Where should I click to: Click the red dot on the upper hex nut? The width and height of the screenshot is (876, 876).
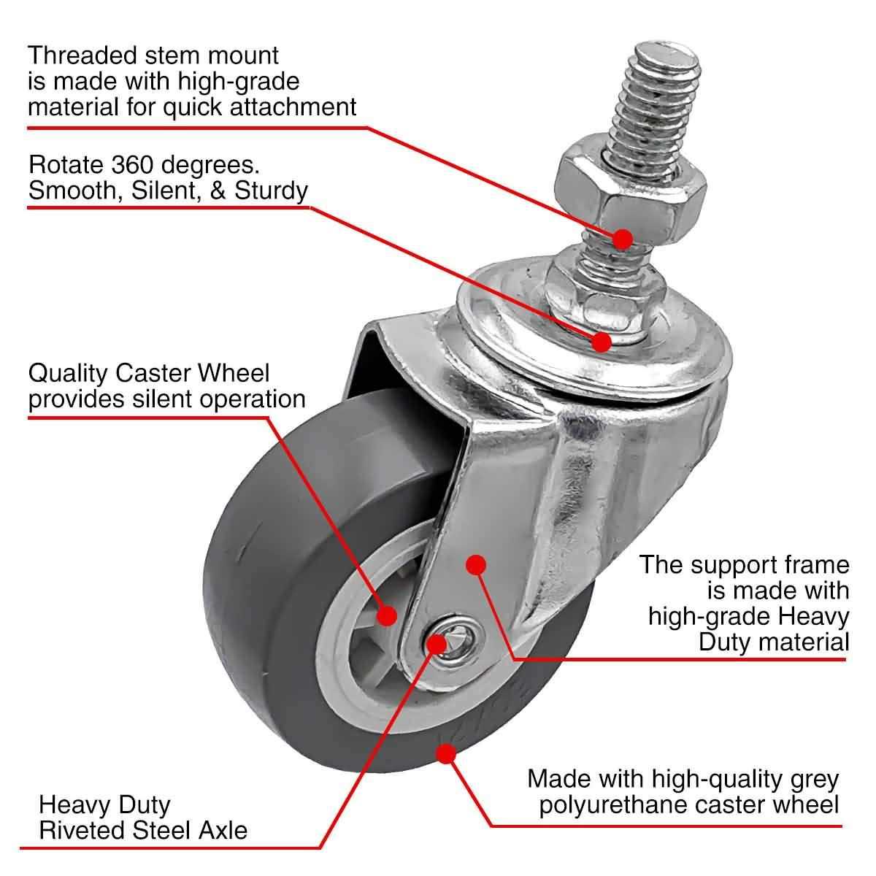622,239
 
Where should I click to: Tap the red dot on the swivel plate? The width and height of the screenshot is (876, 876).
602,341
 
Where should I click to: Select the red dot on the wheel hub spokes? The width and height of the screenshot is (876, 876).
387,615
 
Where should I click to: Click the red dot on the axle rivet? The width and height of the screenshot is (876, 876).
437,643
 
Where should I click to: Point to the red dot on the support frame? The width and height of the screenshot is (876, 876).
476,564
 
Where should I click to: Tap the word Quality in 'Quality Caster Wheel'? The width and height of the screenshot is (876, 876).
69,373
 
